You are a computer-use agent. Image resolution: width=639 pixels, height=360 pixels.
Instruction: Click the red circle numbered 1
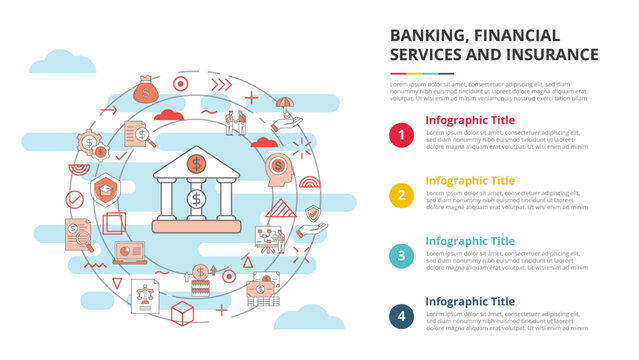click(401, 134)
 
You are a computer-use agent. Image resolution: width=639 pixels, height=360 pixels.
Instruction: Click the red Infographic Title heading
click(470, 120)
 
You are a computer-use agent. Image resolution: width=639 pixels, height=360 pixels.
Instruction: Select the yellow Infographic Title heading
click(470, 180)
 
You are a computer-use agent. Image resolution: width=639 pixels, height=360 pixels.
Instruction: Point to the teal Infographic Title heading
click(470, 240)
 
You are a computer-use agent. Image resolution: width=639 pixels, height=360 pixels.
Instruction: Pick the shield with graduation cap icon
click(103, 187)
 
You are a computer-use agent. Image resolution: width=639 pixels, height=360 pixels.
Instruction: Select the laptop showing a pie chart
click(130, 253)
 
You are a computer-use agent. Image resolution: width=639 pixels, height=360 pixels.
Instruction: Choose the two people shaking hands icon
click(236, 123)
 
